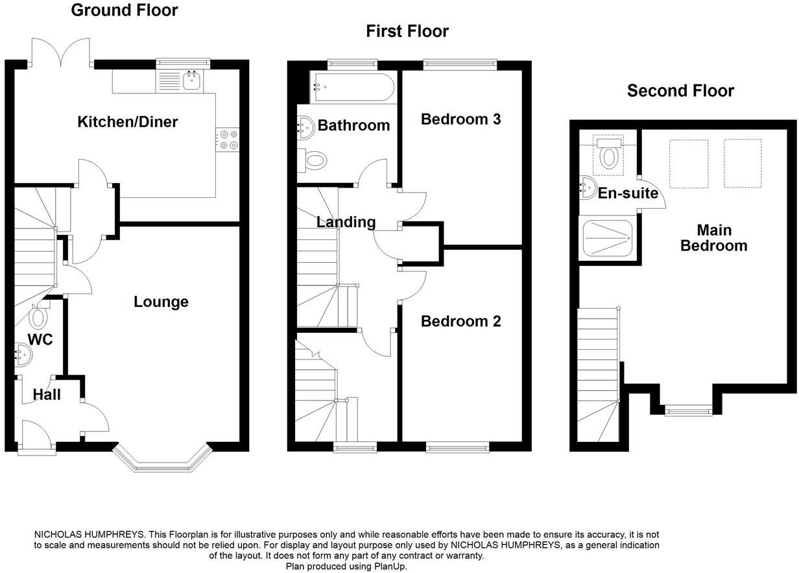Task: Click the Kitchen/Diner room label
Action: pyautogui.click(x=127, y=122)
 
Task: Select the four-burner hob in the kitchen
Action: pyautogui.click(x=227, y=140)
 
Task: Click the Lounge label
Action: pyautogui.click(x=161, y=302)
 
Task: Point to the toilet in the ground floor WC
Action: pyautogui.click(x=38, y=316)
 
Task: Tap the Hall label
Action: pyautogui.click(x=47, y=395)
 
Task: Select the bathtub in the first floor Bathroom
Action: pyautogui.click(x=353, y=88)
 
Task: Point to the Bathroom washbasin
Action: pyautogui.click(x=306, y=127)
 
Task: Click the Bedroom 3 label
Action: pyautogui.click(x=460, y=119)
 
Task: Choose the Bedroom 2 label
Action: pyautogui.click(x=460, y=321)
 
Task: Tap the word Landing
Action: pyautogui.click(x=346, y=222)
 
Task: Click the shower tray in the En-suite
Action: pyautogui.click(x=608, y=238)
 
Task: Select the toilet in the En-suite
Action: pyautogui.click(x=609, y=154)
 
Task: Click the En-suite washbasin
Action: pyautogui.click(x=588, y=188)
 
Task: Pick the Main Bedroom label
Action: pyautogui.click(x=714, y=238)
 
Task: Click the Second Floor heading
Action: pyautogui.click(x=680, y=91)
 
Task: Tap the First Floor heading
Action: pyautogui.click(x=407, y=31)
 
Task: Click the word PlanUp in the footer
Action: pyautogui.click(x=390, y=567)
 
